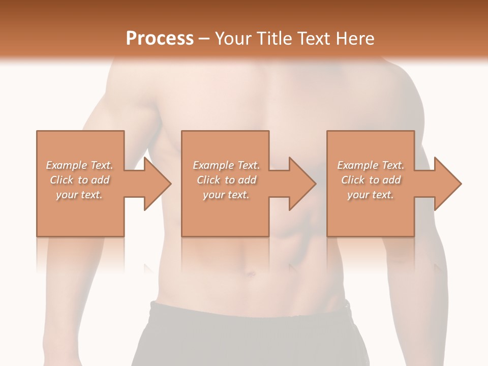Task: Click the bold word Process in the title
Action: (160, 38)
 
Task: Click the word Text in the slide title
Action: (315, 38)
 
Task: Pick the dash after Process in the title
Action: (204, 39)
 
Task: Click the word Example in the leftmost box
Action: (66, 165)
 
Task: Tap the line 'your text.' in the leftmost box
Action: (79, 195)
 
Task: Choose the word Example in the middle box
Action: (213, 165)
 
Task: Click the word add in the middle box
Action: (247, 180)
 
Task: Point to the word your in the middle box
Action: (213, 195)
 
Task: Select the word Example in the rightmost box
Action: (357, 165)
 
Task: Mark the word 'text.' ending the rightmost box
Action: (383, 195)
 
